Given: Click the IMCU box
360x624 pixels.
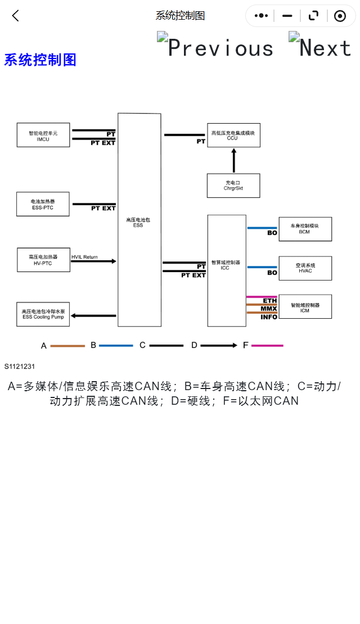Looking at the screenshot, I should (43, 135).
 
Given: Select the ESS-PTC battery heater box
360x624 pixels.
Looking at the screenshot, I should (43, 204).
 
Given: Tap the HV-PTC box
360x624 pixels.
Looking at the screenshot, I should (43, 260).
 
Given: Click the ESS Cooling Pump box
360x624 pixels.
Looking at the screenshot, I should (43, 314).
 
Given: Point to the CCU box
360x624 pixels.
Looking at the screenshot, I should (233, 135).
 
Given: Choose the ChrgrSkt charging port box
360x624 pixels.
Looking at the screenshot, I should (233, 185).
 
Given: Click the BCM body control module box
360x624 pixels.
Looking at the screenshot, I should (305, 229).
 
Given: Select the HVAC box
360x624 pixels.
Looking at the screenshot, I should (305, 268).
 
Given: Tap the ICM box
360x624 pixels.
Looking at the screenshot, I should (305, 307).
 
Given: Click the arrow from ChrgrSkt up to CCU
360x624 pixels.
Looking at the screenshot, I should (234, 160).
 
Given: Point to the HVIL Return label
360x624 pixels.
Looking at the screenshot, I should (84, 257).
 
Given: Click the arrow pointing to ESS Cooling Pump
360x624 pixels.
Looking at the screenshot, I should (94, 315).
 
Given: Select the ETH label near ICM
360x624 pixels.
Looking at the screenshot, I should (269, 301).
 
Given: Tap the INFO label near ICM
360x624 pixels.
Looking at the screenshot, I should (269, 317).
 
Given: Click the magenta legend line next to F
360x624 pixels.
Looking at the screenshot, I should (267, 346).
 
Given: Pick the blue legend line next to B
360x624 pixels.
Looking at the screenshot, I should (116, 346).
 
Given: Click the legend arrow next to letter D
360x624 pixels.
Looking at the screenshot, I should (218, 346).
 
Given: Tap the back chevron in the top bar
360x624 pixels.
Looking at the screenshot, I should (16, 16).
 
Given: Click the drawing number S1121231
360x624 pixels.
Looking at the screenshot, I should (20, 367).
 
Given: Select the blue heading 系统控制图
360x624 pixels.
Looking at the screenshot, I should (40, 60).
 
